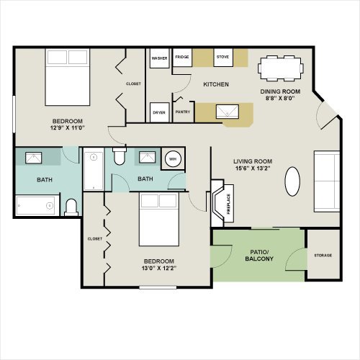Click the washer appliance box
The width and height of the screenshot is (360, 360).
click(160, 58)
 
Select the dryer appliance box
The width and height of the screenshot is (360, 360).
click(160, 112)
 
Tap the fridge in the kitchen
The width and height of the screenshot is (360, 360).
click(182, 58)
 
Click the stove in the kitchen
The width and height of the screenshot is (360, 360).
click(223, 58)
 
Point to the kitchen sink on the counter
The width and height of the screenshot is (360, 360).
click(228, 112)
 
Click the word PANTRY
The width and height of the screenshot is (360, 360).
click(183, 112)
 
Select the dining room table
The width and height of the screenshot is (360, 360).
click(281, 68)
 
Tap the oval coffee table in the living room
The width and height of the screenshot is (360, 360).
click(292, 181)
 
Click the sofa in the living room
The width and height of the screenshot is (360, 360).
click(327, 181)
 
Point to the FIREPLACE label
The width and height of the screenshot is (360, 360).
click(228, 204)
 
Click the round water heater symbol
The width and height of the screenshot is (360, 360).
click(173, 159)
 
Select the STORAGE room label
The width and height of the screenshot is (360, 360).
click(323, 256)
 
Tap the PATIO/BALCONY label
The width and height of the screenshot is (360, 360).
click(259, 256)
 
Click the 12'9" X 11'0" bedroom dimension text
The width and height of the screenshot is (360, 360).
click(68, 127)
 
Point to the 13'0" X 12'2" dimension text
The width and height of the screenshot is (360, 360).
click(159, 268)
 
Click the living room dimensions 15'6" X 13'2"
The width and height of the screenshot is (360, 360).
click(253, 168)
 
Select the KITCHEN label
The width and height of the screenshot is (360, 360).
click(216, 84)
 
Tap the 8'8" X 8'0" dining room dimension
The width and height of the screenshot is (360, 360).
click(280, 98)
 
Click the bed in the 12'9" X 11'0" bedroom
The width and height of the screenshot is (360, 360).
click(68, 77)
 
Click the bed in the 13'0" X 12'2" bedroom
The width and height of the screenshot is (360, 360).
click(159, 220)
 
